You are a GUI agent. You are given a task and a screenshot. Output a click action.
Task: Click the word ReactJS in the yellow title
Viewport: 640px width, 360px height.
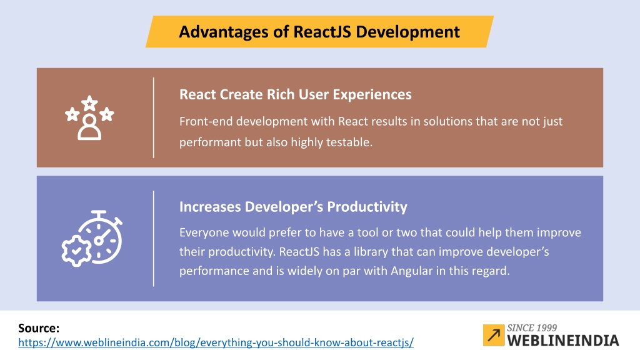(x=322, y=32)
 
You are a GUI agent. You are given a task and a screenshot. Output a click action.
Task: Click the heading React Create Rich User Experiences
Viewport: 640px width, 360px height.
(x=296, y=95)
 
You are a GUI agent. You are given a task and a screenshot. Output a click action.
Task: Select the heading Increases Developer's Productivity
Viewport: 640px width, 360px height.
(x=293, y=207)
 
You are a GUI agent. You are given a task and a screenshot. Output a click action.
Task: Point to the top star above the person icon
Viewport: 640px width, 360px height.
(x=89, y=102)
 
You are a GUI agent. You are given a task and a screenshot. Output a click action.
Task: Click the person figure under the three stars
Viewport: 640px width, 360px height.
(x=89, y=127)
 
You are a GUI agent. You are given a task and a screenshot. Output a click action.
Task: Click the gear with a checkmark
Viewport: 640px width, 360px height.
(x=76, y=251)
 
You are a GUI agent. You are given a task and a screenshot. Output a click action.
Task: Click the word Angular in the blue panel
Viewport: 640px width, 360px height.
(x=411, y=271)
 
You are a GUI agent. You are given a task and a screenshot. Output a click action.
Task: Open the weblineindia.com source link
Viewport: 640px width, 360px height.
(x=216, y=342)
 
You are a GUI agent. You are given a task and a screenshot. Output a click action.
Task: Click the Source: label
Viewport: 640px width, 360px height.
(x=39, y=328)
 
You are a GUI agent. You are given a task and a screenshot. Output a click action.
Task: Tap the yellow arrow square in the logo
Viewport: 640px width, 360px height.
(x=494, y=335)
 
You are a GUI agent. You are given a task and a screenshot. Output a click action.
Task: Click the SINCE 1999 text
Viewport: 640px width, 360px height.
(x=532, y=327)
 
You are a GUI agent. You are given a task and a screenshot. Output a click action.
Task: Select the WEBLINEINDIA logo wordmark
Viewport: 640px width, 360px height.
(x=563, y=341)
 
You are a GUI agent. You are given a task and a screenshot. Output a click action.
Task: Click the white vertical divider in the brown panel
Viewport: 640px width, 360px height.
(x=154, y=117)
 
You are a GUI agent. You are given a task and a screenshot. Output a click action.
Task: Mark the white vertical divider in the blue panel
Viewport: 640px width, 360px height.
(x=154, y=238)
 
